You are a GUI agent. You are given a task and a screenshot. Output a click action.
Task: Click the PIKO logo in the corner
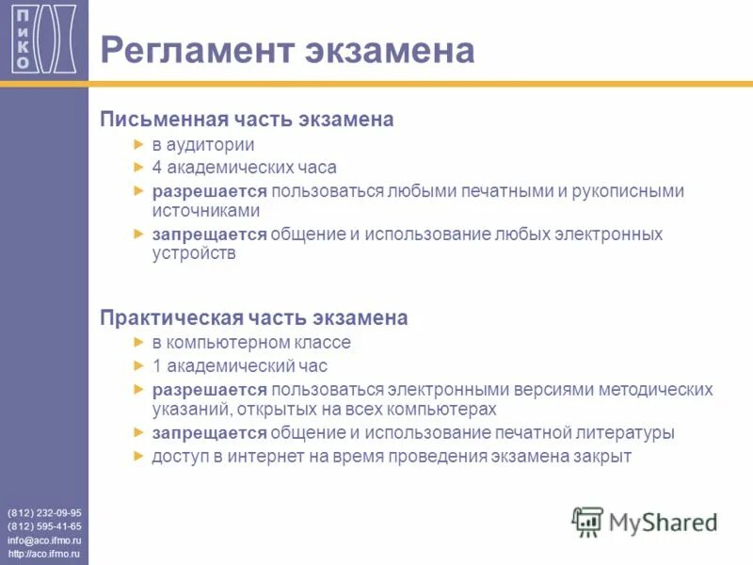(44, 38)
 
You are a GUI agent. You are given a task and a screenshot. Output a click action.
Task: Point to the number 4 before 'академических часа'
(157, 168)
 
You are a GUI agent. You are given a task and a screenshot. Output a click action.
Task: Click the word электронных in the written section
(605, 234)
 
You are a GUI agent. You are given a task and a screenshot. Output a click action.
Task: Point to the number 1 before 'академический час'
(157, 365)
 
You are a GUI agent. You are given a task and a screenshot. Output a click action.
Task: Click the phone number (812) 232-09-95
(44, 512)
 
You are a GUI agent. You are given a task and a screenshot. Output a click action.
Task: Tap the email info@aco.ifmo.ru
(44, 541)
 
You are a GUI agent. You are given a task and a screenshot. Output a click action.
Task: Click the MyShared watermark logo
(645, 521)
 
